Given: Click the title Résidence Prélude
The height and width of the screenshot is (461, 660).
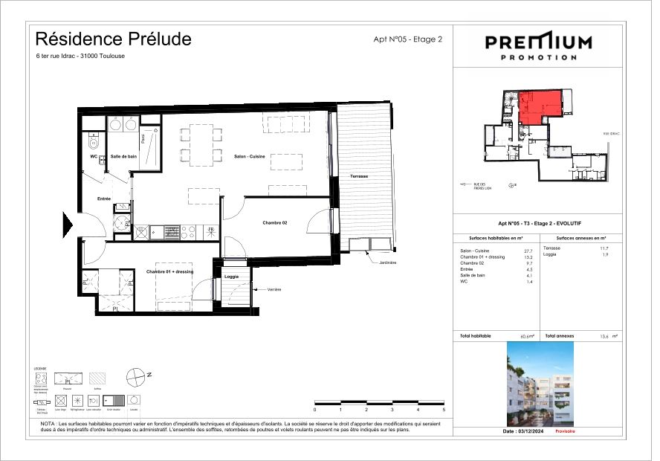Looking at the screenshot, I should coord(113,38).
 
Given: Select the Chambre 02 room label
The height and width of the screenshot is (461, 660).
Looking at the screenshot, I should coord(275,222).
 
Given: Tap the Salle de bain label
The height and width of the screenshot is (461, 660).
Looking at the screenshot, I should coord(123,156).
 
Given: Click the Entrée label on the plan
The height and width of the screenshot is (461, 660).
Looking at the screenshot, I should coord(105,199).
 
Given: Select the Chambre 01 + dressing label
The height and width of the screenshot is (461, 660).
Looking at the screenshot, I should coord(169,272).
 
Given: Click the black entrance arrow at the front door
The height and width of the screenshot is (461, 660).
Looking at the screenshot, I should coord(67,222).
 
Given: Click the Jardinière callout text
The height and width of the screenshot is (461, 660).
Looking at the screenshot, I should coord(388,262).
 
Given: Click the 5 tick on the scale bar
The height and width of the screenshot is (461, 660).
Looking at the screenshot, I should coord(444,409).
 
